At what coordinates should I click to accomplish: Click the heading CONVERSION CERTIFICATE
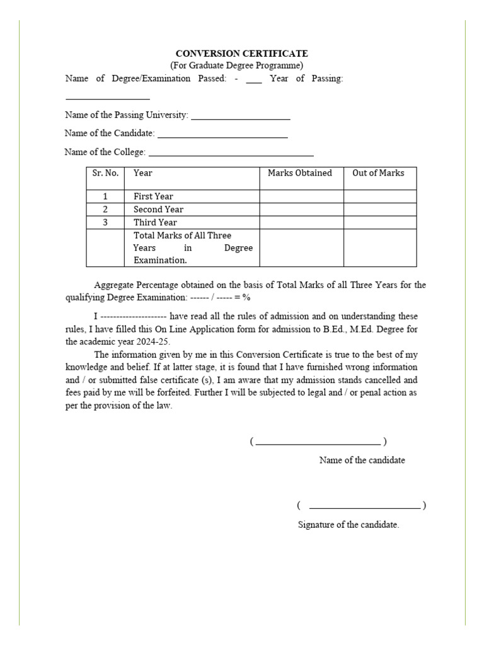click(241, 54)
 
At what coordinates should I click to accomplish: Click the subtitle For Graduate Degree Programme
click(236, 66)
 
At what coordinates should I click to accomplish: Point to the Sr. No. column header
click(105, 173)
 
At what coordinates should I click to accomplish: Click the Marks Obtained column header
click(300, 173)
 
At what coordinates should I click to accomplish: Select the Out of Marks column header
click(378, 173)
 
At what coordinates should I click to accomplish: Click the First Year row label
click(153, 197)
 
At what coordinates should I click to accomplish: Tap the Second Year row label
click(158, 209)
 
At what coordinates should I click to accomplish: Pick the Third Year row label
click(155, 222)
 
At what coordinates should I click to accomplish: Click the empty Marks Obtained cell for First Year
click(301, 197)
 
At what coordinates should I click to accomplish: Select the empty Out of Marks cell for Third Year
click(379, 222)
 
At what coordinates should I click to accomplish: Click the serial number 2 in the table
click(105, 209)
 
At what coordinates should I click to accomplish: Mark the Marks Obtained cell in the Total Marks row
click(301, 248)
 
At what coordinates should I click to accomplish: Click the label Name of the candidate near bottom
click(362, 460)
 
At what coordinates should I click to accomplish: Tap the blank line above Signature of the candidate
click(365, 506)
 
